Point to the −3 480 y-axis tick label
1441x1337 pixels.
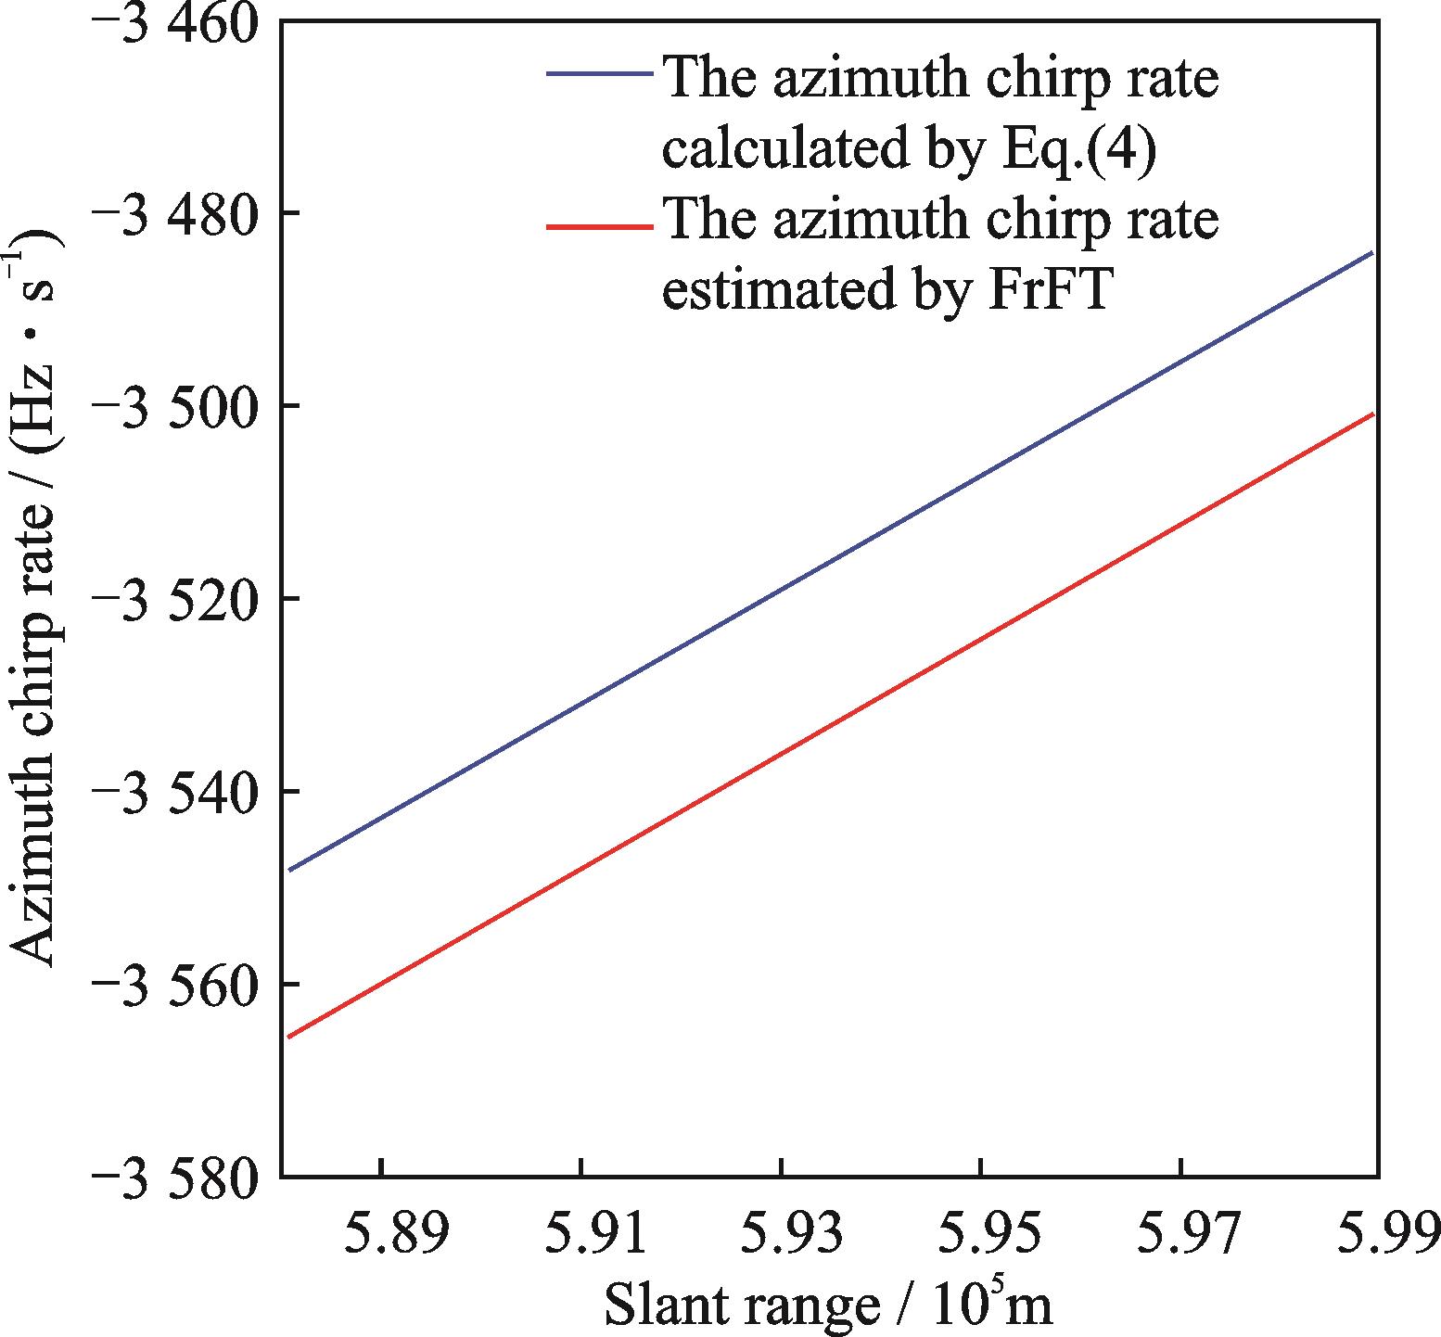pyautogui.click(x=173, y=213)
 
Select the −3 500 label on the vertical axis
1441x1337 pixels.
pyautogui.click(x=173, y=406)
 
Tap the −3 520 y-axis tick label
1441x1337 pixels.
pyautogui.click(x=173, y=599)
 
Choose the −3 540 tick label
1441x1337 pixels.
pyautogui.click(x=173, y=792)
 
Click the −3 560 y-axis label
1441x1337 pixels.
pyautogui.click(x=173, y=984)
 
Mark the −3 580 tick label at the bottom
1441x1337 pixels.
pyautogui.click(x=173, y=1177)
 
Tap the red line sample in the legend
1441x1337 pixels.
pyautogui.click(x=599, y=225)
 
